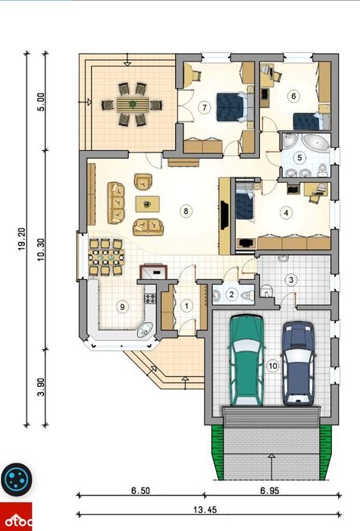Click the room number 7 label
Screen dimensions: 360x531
tap(205, 108)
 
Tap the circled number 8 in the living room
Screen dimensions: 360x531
tap(186, 212)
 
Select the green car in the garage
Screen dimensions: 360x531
tap(246, 360)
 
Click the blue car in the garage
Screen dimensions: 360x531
tap(299, 363)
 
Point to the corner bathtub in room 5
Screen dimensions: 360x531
tap(315, 143)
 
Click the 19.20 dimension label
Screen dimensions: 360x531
tap(22, 239)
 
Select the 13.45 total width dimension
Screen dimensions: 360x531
tap(205, 509)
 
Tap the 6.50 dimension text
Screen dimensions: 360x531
tap(140, 490)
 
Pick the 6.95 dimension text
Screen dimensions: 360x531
tap(270, 490)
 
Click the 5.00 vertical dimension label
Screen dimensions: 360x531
tap(41, 102)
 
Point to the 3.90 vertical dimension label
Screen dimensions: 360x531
tap(41, 387)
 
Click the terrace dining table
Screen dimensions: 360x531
tap(133, 105)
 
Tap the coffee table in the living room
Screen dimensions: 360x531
tap(148, 204)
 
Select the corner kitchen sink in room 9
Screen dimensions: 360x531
tap(146, 329)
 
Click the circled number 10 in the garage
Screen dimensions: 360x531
tap(272, 366)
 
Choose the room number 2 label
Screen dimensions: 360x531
tap(232, 294)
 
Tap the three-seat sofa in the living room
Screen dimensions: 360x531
tap(116, 203)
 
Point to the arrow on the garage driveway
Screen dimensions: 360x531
tap(271, 467)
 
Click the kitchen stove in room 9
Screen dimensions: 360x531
tap(150, 298)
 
